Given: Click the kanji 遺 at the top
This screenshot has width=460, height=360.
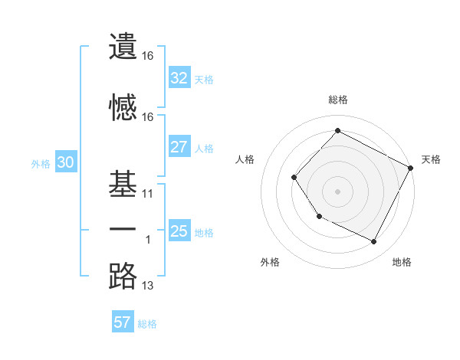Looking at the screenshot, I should point(123,47).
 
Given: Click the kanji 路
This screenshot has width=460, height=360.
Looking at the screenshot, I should point(123,277).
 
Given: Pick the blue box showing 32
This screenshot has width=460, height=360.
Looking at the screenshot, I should point(179,78).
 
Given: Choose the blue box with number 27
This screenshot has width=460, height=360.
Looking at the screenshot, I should point(179,147).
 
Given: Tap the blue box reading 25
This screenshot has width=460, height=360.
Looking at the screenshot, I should point(179,231).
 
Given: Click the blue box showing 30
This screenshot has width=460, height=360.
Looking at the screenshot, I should point(65,162).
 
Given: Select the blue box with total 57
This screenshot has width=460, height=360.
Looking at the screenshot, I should point(123,322).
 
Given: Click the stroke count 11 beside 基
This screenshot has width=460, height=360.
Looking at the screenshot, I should point(148,194).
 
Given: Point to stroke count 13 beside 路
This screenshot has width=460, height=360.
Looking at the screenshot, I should point(148,286).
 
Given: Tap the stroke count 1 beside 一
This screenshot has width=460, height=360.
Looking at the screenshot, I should point(148,240).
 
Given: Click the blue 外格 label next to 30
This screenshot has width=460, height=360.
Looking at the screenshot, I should point(40,163).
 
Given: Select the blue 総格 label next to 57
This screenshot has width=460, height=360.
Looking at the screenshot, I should point(147,324).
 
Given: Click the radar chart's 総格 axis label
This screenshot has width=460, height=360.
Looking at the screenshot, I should point(337,100).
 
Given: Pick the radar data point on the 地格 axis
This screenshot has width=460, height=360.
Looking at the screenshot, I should point(374,242).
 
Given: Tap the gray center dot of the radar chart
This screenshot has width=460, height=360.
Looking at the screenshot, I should point(337,191).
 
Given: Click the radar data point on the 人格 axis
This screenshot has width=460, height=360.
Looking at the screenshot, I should point(294,177).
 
